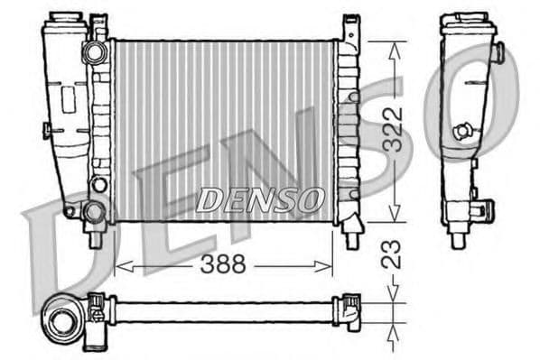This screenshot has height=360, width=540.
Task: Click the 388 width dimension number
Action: point(224,265)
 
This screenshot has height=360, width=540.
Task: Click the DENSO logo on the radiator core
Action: point(259,198)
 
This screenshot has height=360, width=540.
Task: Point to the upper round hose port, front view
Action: point(94,52)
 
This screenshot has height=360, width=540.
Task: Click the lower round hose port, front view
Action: point(94,213)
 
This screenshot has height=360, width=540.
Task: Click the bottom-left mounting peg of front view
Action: point(94,239)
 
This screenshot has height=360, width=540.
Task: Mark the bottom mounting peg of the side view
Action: point(458,240)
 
